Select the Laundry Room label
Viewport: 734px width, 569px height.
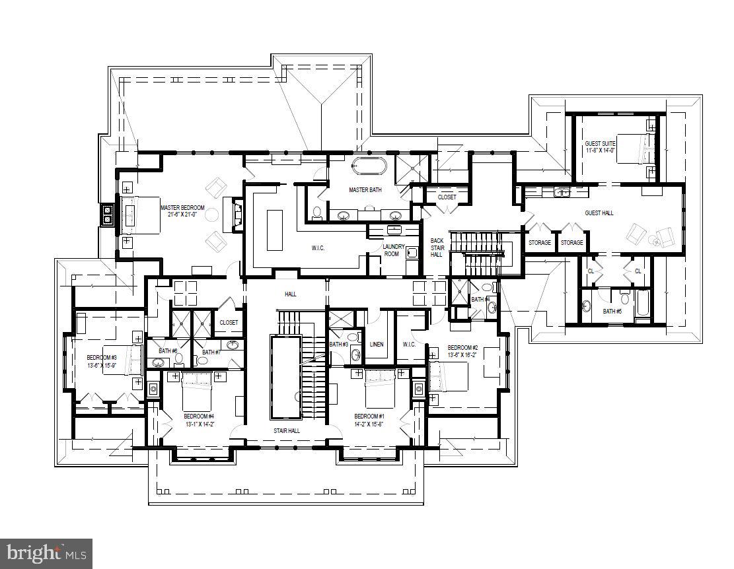(x=393, y=250)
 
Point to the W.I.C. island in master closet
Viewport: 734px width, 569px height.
(x=274, y=229)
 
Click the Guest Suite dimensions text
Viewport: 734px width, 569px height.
(x=600, y=151)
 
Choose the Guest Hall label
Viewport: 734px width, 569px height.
(x=599, y=213)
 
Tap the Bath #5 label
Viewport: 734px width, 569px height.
(x=612, y=311)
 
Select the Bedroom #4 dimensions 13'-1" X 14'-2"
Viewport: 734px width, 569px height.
(x=199, y=424)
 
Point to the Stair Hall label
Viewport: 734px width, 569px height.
(x=287, y=430)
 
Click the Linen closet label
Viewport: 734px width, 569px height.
(x=377, y=344)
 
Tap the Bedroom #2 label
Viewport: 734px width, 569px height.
(x=462, y=347)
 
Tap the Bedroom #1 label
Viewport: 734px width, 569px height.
(x=369, y=416)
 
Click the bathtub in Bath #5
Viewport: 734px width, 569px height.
(x=642, y=311)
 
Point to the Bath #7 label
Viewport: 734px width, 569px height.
(x=211, y=352)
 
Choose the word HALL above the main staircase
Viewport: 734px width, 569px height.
(x=291, y=293)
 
